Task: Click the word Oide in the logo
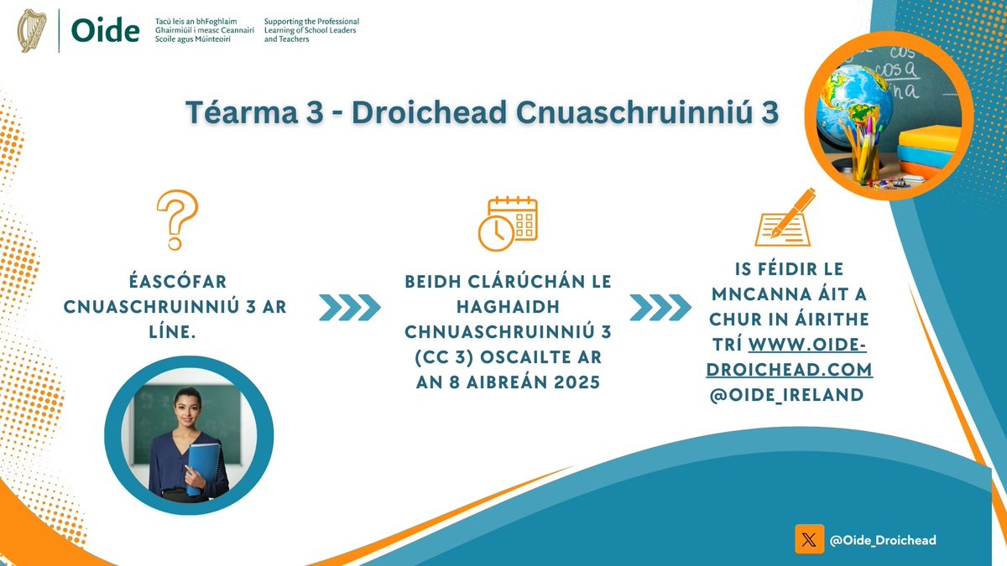pos(105,31)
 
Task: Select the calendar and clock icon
pos(508,223)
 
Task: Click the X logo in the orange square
pos(809,540)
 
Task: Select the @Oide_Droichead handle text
pos(882,541)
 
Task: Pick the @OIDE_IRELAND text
pos(787,393)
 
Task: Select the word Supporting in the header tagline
pos(286,21)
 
